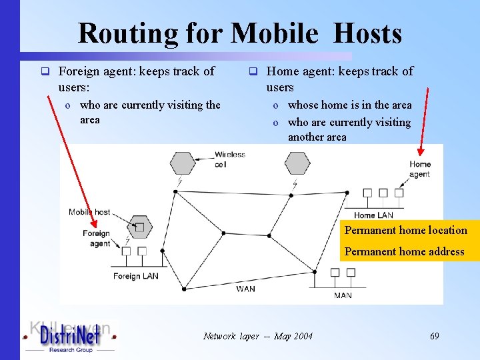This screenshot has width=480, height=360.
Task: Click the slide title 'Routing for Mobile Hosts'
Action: (x=239, y=33)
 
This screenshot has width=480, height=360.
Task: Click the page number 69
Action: (x=434, y=336)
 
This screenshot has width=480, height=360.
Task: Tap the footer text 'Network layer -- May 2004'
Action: (x=257, y=336)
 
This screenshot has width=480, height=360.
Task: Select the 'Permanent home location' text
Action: (x=405, y=230)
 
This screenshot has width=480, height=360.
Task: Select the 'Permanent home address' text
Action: (x=404, y=251)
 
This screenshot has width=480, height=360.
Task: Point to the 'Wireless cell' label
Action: (x=229, y=159)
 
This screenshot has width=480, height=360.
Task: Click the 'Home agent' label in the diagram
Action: (x=420, y=169)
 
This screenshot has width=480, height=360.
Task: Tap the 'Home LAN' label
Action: (x=373, y=215)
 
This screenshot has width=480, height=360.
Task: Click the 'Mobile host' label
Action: (x=89, y=212)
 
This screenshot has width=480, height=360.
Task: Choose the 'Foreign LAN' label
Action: (x=136, y=276)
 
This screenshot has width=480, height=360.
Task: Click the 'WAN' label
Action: (x=245, y=289)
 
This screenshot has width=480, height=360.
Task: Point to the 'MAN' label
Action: (x=343, y=295)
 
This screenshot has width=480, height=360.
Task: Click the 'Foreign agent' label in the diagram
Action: (x=96, y=239)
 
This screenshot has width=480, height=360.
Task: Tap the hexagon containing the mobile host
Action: (x=139, y=227)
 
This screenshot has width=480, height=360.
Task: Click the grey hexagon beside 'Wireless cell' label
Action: (x=183, y=163)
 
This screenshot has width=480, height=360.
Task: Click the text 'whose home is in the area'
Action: (x=349, y=105)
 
